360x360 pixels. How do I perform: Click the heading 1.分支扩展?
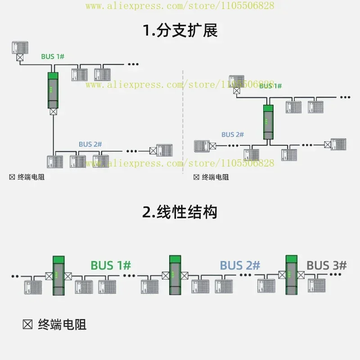tap(180, 30)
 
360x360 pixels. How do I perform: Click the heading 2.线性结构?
tap(180, 212)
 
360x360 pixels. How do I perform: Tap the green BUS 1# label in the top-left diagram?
tap(53, 57)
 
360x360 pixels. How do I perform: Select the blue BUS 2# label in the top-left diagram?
tap(90, 144)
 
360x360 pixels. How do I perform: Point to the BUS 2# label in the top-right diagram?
tap(233, 135)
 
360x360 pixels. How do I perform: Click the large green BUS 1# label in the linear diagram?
tap(111, 265)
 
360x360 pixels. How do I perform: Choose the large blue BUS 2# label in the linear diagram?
tap(240, 265)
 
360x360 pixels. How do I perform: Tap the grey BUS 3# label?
tap(327, 265)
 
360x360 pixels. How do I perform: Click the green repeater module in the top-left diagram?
tap(53, 90)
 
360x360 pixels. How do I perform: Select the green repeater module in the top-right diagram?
tap(268, 122)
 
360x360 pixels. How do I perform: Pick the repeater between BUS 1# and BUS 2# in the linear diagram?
tap(175, 275)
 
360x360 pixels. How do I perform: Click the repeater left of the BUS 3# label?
tap(292, 275)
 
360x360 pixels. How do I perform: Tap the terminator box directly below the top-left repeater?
tap(53, 112)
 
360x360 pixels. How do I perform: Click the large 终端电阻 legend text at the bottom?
tap(62, 324)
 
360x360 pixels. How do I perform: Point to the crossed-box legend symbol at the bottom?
tap(27, 324)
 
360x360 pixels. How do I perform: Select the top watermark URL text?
tap(180, 6)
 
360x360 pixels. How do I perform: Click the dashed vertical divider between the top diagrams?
tap(183, 121)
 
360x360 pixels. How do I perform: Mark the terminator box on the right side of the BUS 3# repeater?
tap(301, 275)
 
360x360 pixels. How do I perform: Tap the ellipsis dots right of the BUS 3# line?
tap(335, 274)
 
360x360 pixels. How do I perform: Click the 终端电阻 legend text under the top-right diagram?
tap(215, 177)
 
